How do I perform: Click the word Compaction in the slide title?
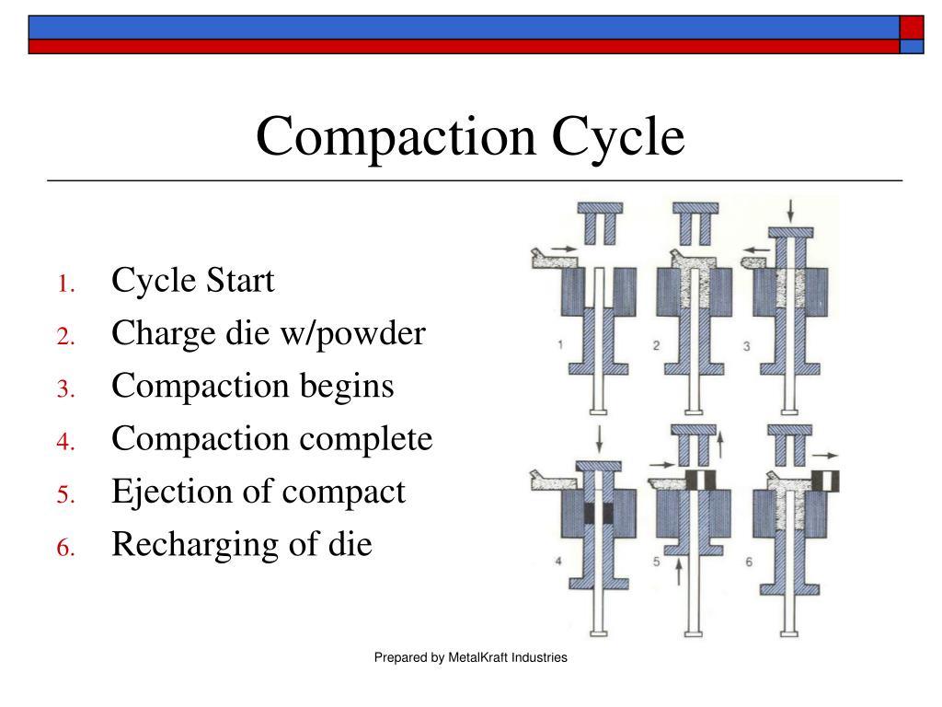pos(396,136)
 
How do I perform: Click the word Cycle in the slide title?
pos(619,136)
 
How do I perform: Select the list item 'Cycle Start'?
pos(192,280)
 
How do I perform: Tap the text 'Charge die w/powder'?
pos(269,332)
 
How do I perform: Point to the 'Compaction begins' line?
pos(252,386)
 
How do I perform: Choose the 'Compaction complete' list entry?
pos(271,438)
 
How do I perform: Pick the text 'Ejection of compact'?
pos(258,492)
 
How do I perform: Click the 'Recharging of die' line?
pos(241,544)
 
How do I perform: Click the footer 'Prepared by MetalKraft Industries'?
pos(470,657)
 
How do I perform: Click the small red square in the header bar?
pos(911,27)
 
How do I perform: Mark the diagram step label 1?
pos(559,346)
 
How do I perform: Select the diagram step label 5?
pos(658,560)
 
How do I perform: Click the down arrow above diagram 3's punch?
pos(789,210)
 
